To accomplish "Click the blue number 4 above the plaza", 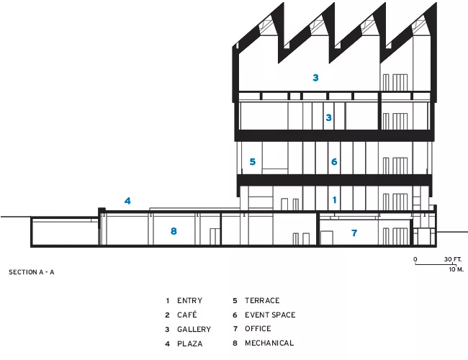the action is pos(127,201).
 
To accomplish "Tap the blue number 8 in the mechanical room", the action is pos(174,231).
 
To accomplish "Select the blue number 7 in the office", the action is pos(354,233).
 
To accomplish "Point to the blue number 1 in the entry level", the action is pos(335,199).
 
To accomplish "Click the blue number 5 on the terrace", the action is pos(253,162).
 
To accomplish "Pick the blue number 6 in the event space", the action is pos(334,162).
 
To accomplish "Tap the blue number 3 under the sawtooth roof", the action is pos(315,78).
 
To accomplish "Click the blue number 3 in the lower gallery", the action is pos(328,117).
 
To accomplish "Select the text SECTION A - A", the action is pos(32,272).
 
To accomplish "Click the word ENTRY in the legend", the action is pos(189,300).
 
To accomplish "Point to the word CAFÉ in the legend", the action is pos(187,315).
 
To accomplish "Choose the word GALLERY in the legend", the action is pos(194,329).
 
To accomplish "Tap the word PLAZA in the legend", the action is pos(190,344).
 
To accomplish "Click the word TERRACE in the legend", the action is pos(262,300).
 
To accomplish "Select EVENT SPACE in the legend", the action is pos(270,315).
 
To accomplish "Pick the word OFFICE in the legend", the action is pos(258,328).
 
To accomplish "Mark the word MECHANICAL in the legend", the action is pos(269,343).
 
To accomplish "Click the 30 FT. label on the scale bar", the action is pos(452,259).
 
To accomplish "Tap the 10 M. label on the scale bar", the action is pos(456,269).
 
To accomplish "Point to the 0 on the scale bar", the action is pos(415,259).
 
